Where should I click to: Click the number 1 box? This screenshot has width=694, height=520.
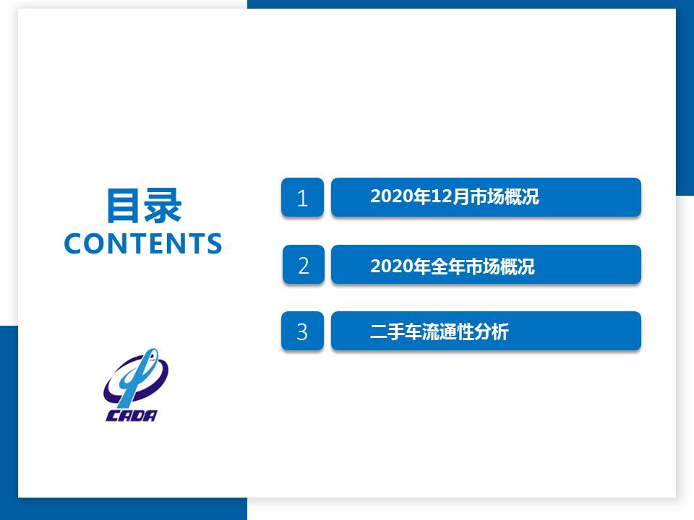click(302, 197)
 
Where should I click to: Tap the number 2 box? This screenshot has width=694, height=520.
click(304, 264)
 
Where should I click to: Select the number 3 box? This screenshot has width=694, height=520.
click(302, 331)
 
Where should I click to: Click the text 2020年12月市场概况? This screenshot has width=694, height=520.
click(455, 196)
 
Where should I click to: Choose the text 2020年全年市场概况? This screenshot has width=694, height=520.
click(453, 266)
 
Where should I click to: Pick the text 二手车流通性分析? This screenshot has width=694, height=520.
click(439, 331)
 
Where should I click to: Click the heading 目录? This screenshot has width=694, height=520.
click(144, 205)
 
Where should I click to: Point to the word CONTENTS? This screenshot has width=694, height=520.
click(143, 243)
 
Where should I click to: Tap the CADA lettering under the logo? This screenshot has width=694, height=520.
click(132, 416)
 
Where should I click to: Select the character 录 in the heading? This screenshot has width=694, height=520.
click(163, 205)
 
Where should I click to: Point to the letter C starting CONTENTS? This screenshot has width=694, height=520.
click(74, 243)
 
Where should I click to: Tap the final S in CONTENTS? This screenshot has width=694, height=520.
click(214, 243)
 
